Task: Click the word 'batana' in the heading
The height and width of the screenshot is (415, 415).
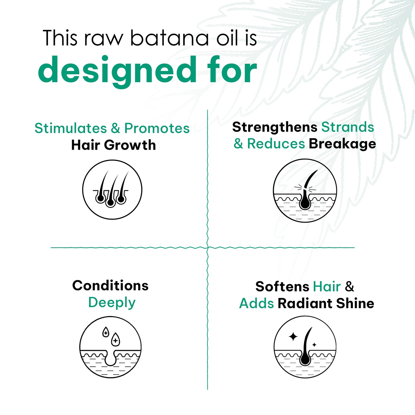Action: coord(169,38)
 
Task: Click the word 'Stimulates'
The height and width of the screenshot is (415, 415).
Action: coord(71,128)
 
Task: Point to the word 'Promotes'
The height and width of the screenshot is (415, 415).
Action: coord(157,128)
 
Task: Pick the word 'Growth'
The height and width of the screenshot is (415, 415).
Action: coord(130,145)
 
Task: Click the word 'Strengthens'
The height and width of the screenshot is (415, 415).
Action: coord(275,127)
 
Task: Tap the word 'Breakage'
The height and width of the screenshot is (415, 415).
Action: coord(342,144)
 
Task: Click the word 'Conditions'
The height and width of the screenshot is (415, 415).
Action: coord(110,286)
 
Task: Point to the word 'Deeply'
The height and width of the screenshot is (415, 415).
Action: coord(112,303)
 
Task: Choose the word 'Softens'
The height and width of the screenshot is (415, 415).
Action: coord(282,287)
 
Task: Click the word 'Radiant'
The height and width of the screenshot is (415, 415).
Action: coord(305,304)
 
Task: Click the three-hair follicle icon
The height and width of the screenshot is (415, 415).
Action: coord(112,190)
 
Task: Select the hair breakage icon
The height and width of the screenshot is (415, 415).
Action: coord(305,190)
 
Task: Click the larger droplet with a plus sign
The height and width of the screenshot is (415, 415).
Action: coord(115,339)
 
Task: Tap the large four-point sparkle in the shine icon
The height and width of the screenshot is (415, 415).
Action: coord(293,337)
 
